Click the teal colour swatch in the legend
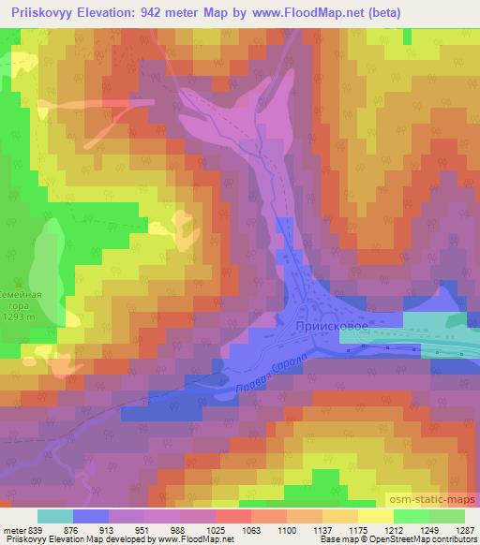pyautogui.click(x=55, y=515)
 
